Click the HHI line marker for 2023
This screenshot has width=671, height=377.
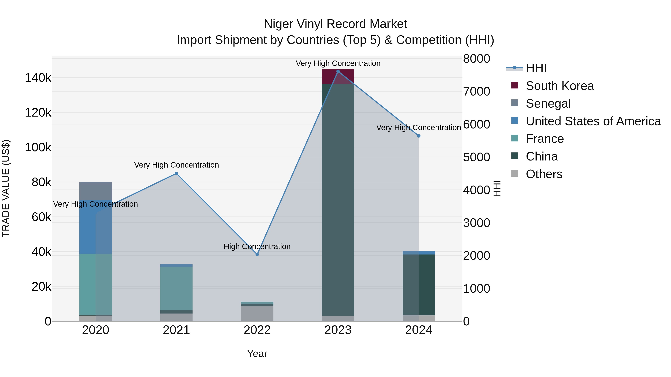click(338, 71)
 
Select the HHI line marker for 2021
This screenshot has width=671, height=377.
click(176, 174)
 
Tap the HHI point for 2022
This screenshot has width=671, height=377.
click(257, 254)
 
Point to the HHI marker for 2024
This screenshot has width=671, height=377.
click(419, 136)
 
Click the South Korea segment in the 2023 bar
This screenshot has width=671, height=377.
click(338, 77)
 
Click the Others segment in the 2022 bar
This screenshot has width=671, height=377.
click(257, 313)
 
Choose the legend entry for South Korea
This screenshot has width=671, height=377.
click(560, 86)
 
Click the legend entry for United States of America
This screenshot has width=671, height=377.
click(593, 121)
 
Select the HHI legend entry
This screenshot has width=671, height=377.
click(536, 68)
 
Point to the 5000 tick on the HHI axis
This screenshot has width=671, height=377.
click(476, 157)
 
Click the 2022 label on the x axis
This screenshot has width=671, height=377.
click(257, 330)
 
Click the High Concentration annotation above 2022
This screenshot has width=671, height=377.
click(257, 246)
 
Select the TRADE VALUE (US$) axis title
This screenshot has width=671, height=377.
click(6, 188)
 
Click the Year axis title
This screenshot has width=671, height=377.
click(257, 354)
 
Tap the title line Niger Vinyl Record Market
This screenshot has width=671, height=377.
click(335, 24)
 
